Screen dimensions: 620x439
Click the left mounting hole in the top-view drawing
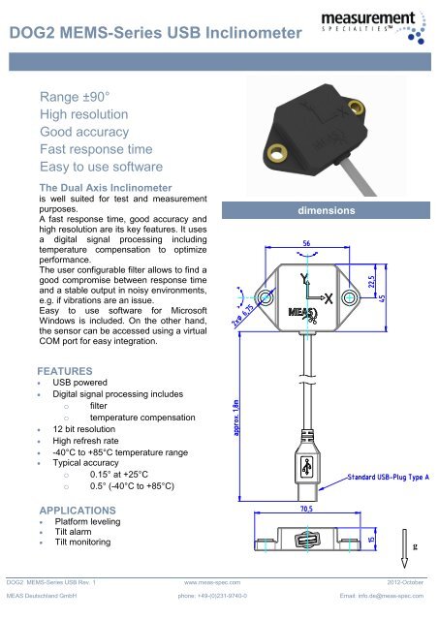(263, 296)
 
